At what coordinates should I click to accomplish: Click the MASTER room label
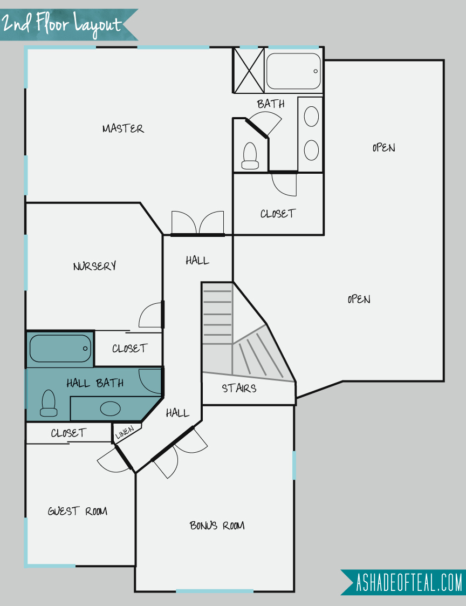(124, 128)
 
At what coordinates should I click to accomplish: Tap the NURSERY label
(95, 266)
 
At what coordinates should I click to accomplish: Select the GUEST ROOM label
(78, 512)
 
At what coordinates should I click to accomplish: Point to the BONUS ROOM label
(217, 526)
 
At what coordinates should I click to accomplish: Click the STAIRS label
(239, 388)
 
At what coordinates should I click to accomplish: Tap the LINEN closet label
(125, 432)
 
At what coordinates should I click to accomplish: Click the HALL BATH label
(95, 383)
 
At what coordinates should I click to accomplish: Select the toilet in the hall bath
(49, 403)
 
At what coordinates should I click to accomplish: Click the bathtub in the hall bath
(60, 349)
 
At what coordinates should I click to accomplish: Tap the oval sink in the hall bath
(110, 408)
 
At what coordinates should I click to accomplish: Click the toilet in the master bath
(250, 156)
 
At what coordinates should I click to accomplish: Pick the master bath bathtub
(293, 71)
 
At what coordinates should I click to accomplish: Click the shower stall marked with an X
(249, 70)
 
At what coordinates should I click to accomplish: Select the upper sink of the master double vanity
(311, 117)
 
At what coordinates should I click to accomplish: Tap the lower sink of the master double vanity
(311, 150)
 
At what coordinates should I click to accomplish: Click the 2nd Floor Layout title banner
(69, 25)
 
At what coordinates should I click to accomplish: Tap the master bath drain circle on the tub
(316, 71)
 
